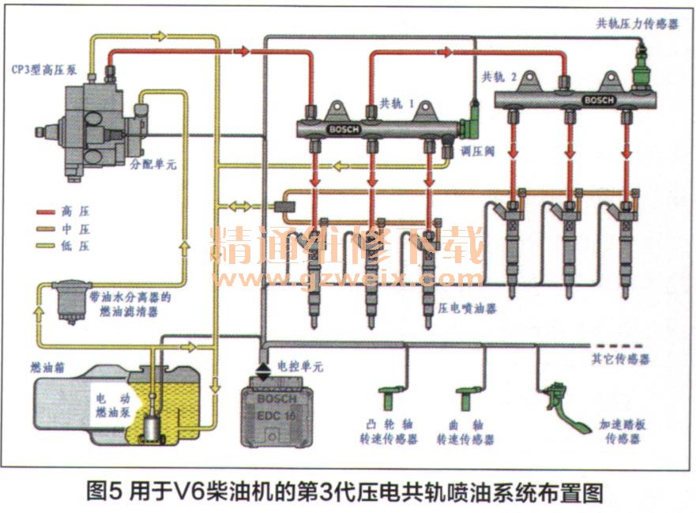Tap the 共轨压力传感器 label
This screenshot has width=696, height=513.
[x=638, y=25]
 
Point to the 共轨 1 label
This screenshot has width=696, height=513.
[x=400, y=104]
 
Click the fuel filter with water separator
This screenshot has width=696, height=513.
[x=65, y=300]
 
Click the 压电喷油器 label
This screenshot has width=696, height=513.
[x=469, y=308]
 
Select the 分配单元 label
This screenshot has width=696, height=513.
[x=153, y=166]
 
